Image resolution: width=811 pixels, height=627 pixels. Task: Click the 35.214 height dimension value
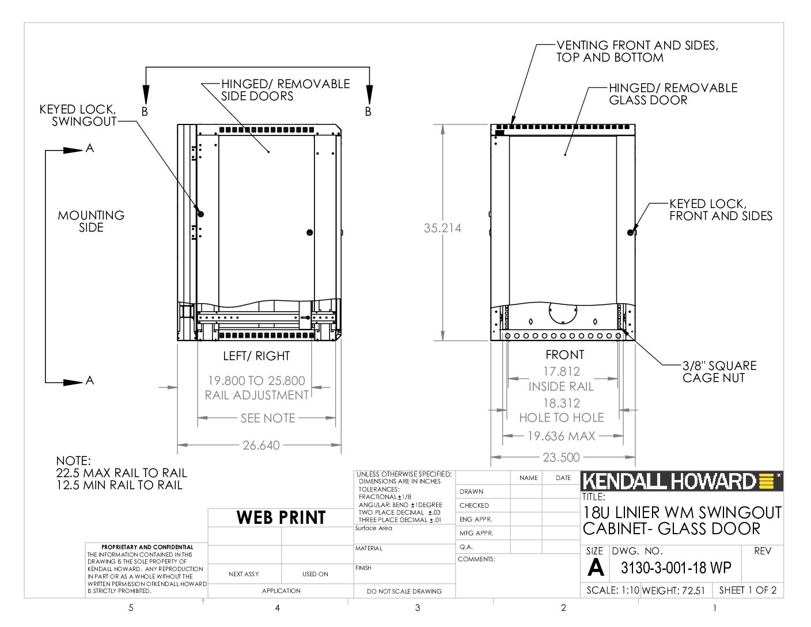442,228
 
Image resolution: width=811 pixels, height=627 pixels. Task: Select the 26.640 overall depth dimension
261,445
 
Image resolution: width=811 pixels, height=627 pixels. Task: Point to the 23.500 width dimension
561,457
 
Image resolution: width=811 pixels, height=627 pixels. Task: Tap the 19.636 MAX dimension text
561,436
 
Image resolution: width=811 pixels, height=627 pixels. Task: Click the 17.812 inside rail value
562,371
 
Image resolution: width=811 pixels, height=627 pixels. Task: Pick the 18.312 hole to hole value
562,403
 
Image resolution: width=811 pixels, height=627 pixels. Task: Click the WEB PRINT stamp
281,517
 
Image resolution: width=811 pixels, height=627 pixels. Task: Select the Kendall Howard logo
681,481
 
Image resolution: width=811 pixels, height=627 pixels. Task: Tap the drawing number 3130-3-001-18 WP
676,568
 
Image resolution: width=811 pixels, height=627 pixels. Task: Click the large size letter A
595,568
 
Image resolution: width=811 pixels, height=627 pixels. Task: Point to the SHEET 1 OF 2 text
748,590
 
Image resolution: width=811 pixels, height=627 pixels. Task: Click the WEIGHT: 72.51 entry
673,590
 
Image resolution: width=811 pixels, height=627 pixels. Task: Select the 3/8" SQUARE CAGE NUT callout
719,372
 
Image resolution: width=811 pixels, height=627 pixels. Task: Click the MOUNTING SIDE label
91,221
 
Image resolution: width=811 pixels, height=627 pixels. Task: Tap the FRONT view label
564,354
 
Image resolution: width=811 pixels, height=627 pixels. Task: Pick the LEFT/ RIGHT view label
256,356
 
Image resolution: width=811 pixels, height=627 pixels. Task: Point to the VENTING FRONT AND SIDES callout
637,51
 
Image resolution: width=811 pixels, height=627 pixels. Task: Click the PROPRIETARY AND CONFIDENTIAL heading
147,547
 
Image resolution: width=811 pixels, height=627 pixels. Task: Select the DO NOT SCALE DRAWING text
404,591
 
